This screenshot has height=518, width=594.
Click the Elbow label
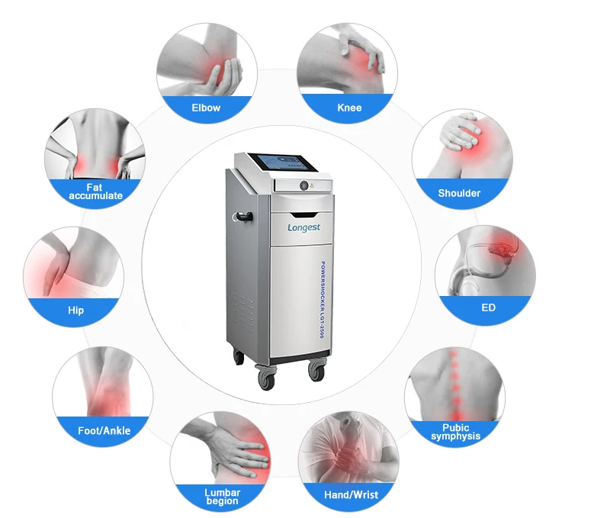206,108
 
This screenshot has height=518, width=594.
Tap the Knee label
349,108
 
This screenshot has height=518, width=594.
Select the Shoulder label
459,193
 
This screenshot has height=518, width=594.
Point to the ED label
488,307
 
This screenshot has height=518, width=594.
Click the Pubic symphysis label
455,432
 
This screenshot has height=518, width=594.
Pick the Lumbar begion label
222,497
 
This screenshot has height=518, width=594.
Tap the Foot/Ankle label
104,430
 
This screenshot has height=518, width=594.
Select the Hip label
75,310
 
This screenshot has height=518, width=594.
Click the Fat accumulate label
95,191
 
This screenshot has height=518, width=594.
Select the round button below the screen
303,185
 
